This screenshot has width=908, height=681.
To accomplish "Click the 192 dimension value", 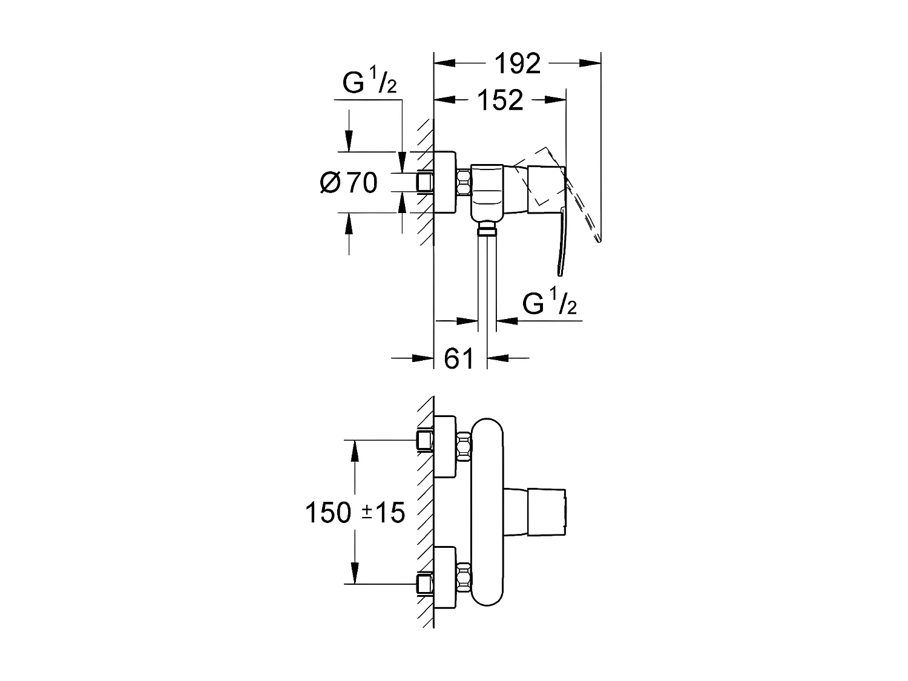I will (x=517, y=63).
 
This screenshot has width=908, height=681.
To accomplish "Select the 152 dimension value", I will (x=500, y=100).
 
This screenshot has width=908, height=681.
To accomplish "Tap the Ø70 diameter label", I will (x=349, y=182).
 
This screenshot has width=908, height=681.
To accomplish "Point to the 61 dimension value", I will (x=459, y=358).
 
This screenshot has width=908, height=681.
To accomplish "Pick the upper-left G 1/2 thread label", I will (x=369, y=83).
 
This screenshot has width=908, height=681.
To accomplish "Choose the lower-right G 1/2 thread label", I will (x=549, y=304).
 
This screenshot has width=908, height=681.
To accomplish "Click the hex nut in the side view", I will (x=464, y=182).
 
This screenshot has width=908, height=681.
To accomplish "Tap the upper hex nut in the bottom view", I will (x=464, y=446).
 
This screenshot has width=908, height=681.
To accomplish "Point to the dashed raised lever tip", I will (x=599, y=239).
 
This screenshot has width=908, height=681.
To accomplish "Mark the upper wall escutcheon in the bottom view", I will (x=446, y=446).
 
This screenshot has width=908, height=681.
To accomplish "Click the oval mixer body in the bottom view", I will (x=487, y=512).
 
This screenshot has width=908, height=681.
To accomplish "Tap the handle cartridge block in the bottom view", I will (x=547, y=512).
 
